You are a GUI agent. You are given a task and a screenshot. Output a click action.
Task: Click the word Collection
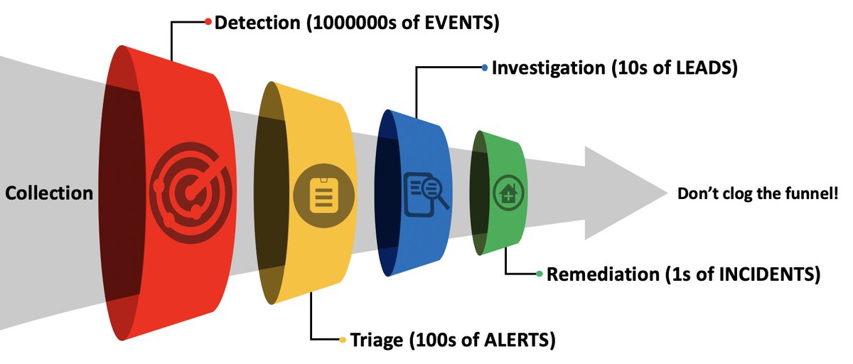click(x=49, y=193)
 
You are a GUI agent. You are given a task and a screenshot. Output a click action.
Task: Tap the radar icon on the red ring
click(x=191, y=188)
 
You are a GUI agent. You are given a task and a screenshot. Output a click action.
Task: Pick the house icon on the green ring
click(x=508, y=193)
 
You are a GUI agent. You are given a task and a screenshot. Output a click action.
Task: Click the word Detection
click(x=257, y=23)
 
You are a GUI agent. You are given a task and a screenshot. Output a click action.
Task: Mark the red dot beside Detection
click(x=208, y=22)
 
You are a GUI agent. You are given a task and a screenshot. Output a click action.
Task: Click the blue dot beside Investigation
click(x=485, y=68)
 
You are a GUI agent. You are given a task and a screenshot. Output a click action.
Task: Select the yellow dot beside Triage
click(x=343, y=340)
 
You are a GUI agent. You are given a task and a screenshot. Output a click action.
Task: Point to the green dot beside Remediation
click(x=540, y=274)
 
